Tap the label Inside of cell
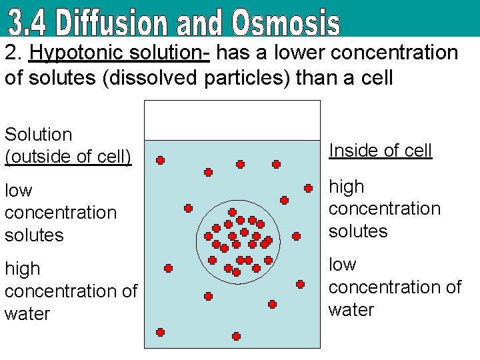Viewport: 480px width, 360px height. pyautogui.click(x=380, y=151)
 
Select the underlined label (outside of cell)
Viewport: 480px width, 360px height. pyautogui.click(x=68, y=157)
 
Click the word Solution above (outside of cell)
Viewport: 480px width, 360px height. pyautogui.click(x=38, y=134)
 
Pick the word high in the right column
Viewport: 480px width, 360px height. pyautogui.click(x=346, y=186)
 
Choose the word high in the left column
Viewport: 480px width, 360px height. pyautogui.click(x=22, y=269)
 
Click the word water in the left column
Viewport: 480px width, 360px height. pyautogui.click(x=27, y=313)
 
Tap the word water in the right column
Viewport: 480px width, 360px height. pyautogui.click(x=351, y=309)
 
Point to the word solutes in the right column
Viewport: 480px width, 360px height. pyautogui.click(x=358, y=231)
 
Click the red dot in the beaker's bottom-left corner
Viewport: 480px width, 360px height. pyautogui.click(x=161, y=332)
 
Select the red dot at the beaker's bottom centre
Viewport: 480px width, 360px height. pyautogui.click(x=236, y=336)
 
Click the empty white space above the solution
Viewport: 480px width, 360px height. pyautogui.click(x=232, y=120)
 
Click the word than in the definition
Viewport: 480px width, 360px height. pyautogui.click(x=314, y=78)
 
